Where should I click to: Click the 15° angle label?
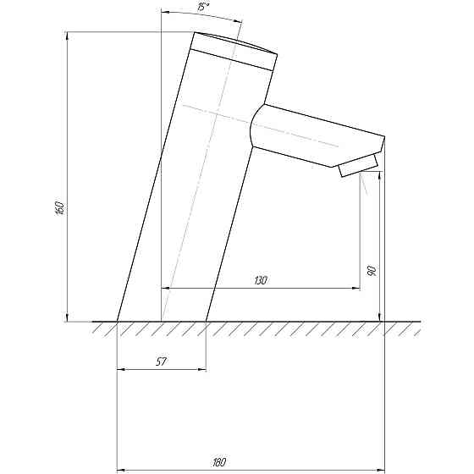tap(202, 7)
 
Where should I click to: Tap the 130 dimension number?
tap(260, 280)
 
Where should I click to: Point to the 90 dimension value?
tap(371, 271)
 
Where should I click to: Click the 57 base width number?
tap(160, 361)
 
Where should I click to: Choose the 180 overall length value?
tap(219, 461)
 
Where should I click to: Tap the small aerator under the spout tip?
tap(359, 166)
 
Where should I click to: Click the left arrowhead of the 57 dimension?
tap(119, 369)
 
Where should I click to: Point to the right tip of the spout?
tap(385, 137)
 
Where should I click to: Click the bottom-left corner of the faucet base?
tap(117, 322)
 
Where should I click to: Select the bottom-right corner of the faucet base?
tap(207, 322)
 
